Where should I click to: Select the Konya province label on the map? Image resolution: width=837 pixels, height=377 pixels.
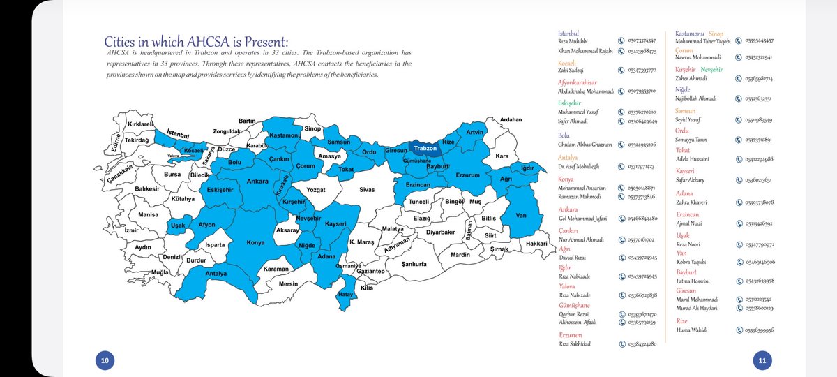coord(256,244)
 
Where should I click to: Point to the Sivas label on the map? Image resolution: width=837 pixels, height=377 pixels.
coord(368,189)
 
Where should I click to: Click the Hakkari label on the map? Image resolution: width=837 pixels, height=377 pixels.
coord(536,243)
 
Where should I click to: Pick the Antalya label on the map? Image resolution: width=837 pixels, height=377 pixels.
coord(216,274)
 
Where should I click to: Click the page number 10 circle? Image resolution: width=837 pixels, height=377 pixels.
coord(105,360)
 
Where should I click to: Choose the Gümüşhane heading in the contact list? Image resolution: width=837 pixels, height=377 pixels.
coord(574,305)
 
